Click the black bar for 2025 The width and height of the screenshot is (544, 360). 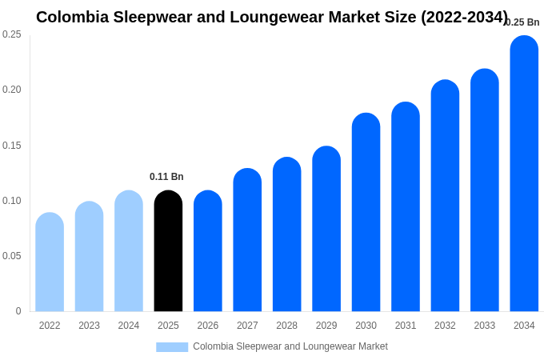(168, 251)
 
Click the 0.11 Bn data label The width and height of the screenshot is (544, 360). (166, 177)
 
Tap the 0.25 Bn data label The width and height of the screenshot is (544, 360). (522, 22)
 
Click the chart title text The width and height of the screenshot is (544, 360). (272, 17)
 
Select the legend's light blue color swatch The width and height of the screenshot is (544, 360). (172, 347)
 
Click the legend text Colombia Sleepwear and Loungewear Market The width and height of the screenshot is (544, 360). (290, 346)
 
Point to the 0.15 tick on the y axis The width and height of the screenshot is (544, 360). (12, 146)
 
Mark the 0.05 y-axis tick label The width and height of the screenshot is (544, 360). (12, 256)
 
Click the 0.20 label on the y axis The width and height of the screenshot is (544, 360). (12, 90)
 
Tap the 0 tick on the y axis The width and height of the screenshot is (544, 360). (18, 311)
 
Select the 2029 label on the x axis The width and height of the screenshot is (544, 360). (326, 326)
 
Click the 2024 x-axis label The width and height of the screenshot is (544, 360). (129, 326)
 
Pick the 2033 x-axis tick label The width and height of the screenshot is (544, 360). (485, 326)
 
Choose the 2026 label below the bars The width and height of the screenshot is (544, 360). (208, 326)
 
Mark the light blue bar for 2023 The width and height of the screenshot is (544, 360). (89, 257)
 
